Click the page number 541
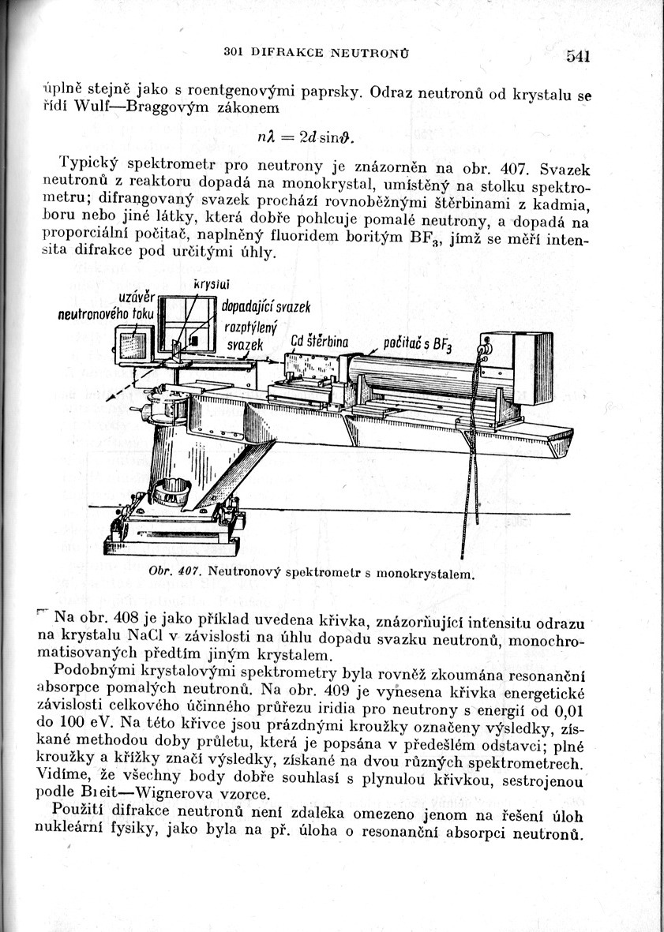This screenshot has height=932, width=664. [x=578, y=56]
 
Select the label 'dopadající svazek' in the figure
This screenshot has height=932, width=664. [x=267, y=305]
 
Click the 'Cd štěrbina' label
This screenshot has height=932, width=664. [x=319, y=341]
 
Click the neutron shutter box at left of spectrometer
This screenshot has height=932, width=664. [x=135, y=346]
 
